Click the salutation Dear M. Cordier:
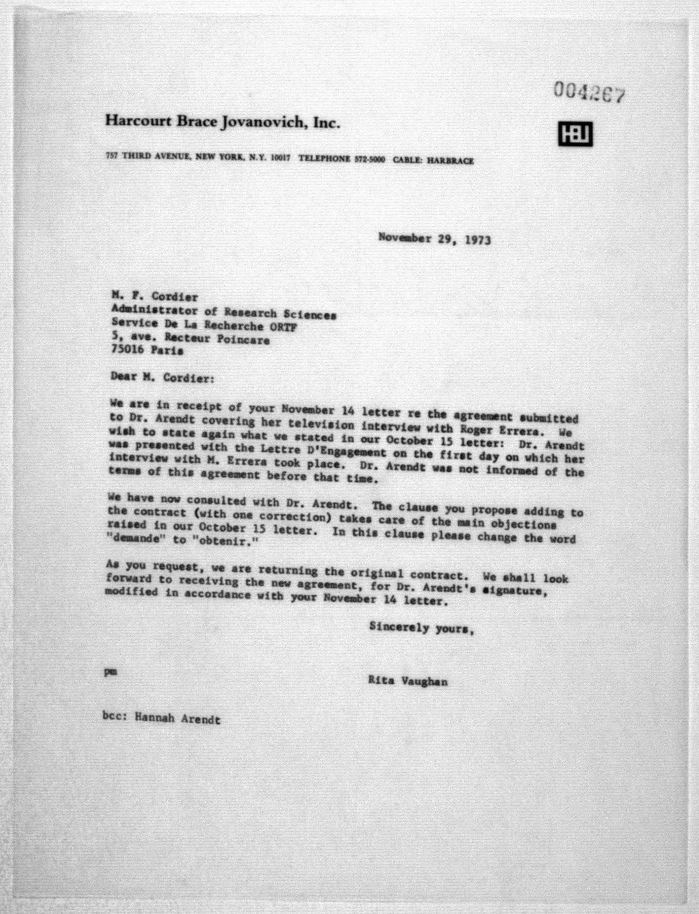[162, 378]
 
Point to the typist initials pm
[110, 671]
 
